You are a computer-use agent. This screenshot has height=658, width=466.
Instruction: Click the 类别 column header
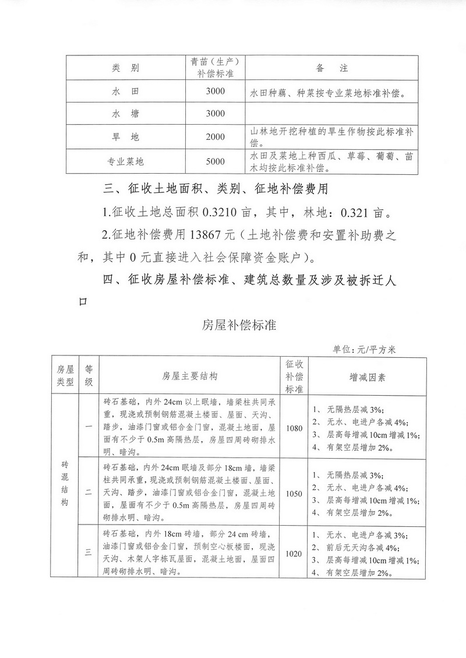pyautogui.click(x=125, y=68)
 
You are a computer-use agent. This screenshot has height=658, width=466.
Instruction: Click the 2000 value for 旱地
pyautogui.click(x=215, y=137)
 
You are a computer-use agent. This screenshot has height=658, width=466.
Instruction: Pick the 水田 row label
pyautogui.click(x=125, y=92)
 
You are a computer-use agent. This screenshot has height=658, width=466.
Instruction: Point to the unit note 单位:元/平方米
pyautogui.click(x=364, y=350)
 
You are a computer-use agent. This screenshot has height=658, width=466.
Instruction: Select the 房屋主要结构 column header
pyautogui.click(x=189, y=376)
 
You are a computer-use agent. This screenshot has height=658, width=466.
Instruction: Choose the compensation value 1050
pyautogui.click(x=295, y=493)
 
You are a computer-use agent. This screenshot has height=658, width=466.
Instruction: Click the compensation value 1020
pyautogui.click(x=295, y=553)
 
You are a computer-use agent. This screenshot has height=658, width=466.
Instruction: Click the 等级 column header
pyautogui.click(x=89, y=376)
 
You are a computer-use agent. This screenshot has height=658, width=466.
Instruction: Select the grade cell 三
pyautogui.click(x=89, y=553)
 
